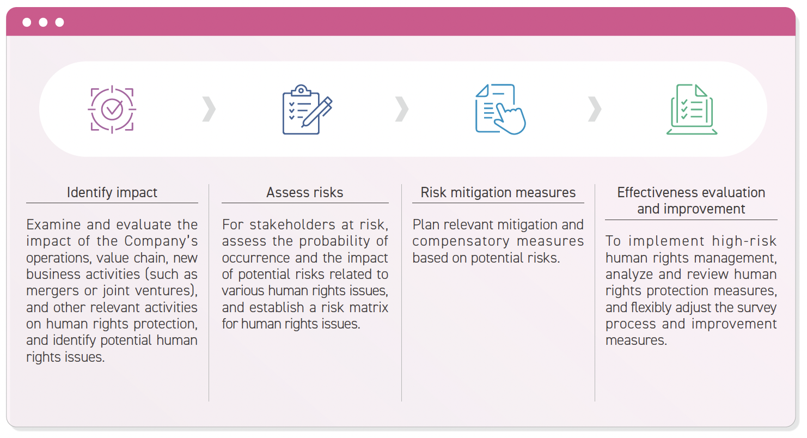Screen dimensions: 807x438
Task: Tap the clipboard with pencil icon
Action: click(307, 109)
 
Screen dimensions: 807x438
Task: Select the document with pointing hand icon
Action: click(500, 109)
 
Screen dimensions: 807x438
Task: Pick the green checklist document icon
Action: click(692, 109)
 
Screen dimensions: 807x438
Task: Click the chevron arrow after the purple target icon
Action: click(209, 109)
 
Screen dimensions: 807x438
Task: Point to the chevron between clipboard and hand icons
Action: click(402, 109)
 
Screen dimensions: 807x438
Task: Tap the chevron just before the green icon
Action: click(595, 109)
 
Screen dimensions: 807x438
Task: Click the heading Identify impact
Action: click(112, 192)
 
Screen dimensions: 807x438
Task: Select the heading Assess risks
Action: click(305, 192)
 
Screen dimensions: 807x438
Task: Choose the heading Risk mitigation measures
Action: click(498, 192)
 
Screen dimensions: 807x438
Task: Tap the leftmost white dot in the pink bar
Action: click(27, 22)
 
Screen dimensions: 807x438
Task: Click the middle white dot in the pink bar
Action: click(43, 22)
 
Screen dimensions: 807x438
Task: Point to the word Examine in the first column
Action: click(53, 224)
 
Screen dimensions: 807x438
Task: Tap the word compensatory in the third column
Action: click(461, 241)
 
